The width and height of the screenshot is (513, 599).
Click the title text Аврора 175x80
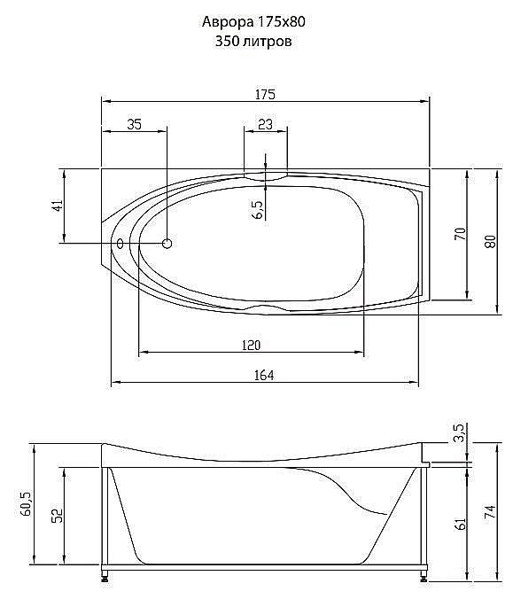coord(253,22)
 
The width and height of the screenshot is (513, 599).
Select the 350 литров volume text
coord(253,41)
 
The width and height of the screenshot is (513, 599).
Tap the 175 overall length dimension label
coord(265,94)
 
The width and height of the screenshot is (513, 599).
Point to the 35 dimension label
coord(134,124)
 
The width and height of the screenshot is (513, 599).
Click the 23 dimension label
coord(266,124)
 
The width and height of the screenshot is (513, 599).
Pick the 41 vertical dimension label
coord(58,206)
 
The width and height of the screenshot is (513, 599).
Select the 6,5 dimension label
coord(258,209)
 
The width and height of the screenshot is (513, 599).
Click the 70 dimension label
coord(461,233)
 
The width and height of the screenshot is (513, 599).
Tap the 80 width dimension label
coord(491,241)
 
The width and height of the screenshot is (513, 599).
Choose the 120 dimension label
coord(252,346)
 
